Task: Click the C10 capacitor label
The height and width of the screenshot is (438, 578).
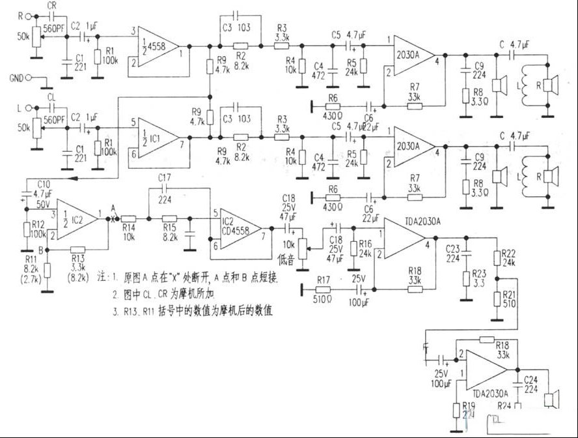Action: [x=43, y=184]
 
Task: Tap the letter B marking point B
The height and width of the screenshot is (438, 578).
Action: [x=42, y=248]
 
